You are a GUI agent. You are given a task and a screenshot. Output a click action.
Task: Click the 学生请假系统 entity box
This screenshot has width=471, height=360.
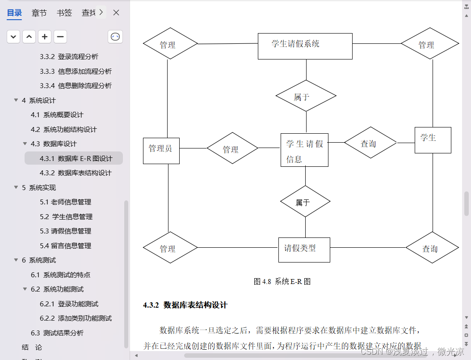305,46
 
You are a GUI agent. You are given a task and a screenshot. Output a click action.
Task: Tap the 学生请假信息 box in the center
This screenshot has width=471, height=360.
304,150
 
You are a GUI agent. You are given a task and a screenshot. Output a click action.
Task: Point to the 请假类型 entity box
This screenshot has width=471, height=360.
304,249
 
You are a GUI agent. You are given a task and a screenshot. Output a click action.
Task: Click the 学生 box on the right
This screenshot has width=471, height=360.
433,140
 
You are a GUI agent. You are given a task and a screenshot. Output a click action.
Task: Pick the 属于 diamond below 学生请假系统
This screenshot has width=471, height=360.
306,96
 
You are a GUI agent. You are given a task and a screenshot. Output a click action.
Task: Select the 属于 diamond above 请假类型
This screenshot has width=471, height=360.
305,202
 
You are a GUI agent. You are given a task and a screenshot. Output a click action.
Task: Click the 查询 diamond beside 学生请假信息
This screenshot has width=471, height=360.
370,143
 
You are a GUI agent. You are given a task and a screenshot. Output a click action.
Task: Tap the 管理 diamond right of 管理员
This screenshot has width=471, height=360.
232,148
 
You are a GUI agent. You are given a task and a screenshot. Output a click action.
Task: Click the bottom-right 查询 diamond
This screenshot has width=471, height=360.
432,248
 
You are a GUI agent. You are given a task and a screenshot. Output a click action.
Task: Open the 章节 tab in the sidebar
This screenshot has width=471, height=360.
39,13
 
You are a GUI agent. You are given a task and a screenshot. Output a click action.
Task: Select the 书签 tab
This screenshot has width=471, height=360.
64,13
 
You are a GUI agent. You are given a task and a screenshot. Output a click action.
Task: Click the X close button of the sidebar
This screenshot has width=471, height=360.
116,13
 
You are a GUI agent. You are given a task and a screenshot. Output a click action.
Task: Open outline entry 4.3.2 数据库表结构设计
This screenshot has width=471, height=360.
84,173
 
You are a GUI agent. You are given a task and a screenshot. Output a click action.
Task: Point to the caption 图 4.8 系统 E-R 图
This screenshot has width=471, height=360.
282,281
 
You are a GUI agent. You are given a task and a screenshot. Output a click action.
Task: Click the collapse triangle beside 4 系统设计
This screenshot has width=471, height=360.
16,101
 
